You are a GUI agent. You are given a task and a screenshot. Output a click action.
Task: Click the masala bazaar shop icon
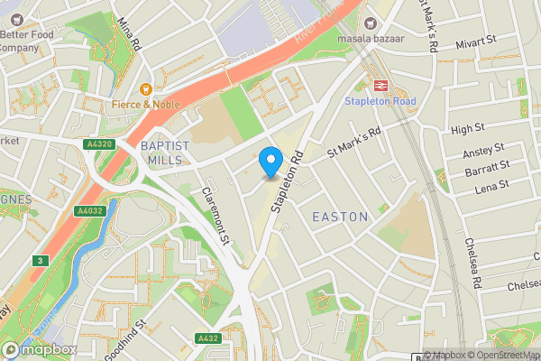point(369,23)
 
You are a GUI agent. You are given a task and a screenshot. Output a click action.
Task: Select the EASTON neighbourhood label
point(340,217)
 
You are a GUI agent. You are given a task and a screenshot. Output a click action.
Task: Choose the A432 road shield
point(206,338)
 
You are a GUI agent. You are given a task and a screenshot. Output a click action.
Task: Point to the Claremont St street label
point(219,218)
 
